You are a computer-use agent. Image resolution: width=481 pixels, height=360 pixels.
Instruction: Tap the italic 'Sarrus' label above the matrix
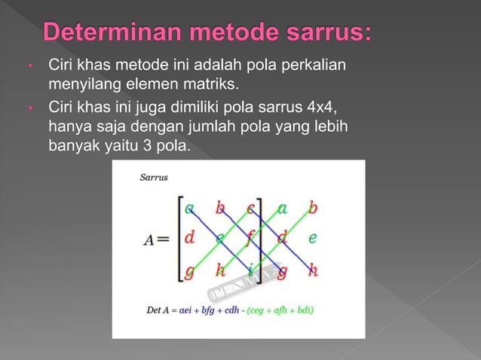[x=155, y=178]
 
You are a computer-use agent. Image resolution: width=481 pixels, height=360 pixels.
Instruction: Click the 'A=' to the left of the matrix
[x=158, y=239]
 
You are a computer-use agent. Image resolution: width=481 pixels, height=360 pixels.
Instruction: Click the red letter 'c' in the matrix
[x=250, y=208]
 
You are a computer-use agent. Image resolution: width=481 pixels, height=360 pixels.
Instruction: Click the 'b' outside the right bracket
[x=312, y=208]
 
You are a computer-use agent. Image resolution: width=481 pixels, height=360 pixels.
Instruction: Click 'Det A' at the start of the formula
[x=159, y=310]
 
